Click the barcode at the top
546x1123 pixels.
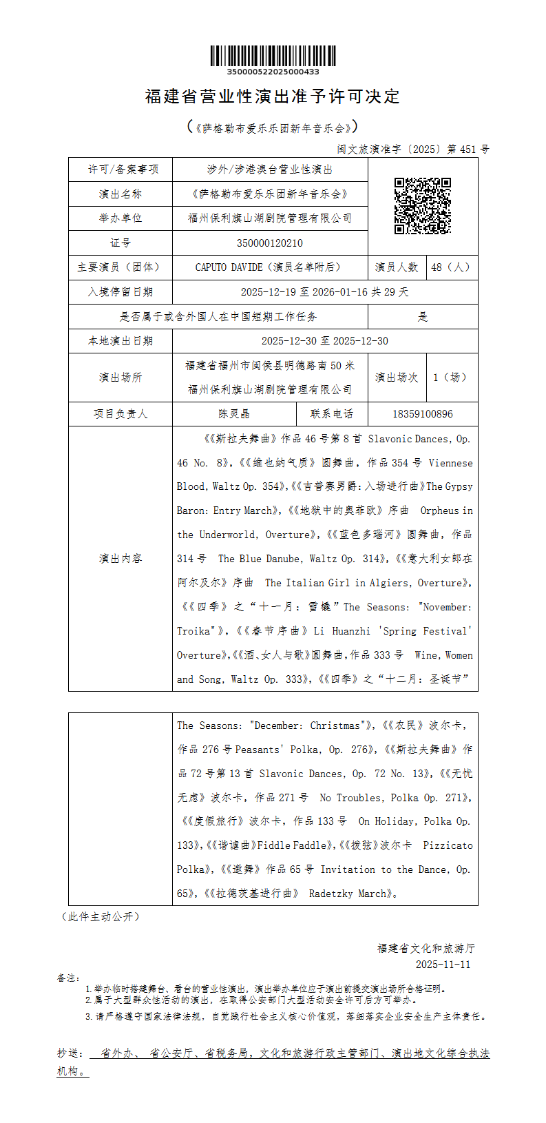point(273,56)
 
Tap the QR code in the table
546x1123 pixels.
point(422,206)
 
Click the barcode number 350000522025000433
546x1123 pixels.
point(273,72)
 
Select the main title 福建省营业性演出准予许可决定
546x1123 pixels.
point(273,96)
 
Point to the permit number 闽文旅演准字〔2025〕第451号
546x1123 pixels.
point(413,149)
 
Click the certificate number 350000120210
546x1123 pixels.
point(270,243)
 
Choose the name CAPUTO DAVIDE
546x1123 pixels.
point(229,267)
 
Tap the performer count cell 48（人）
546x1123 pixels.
point(452,267)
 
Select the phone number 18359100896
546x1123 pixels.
point(423,414)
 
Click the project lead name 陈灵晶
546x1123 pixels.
point(234,414)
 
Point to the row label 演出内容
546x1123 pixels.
point(120,558)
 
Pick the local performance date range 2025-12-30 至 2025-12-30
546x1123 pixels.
point(325,341)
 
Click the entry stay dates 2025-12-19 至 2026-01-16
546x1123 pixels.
point(304,292)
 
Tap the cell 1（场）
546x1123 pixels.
point(452,378)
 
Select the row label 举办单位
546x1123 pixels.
point(120,218)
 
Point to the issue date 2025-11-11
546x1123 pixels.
point(443,965)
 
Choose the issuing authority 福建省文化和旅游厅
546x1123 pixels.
point(426,948)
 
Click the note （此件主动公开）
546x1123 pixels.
point(101,916)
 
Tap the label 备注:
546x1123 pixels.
point(69,978)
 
